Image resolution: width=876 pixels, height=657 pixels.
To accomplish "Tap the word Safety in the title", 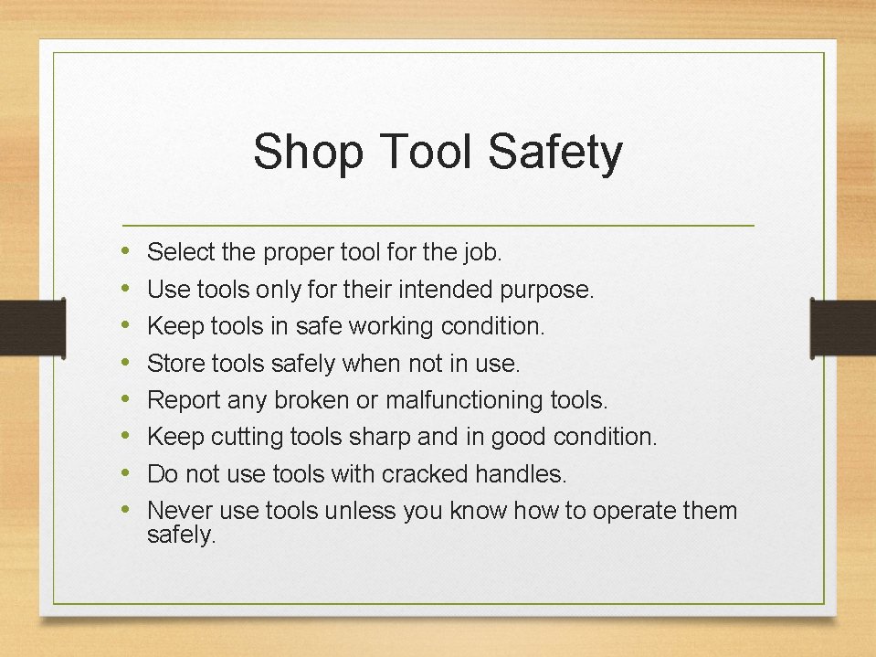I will (x=554, y=153).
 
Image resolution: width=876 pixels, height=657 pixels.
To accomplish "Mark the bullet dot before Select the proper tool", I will (x=125, y=249).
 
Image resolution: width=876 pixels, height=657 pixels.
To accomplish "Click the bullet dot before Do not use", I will (x=125, y=473).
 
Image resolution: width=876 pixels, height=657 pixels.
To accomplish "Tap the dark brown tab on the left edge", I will (x=19, y=326).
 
